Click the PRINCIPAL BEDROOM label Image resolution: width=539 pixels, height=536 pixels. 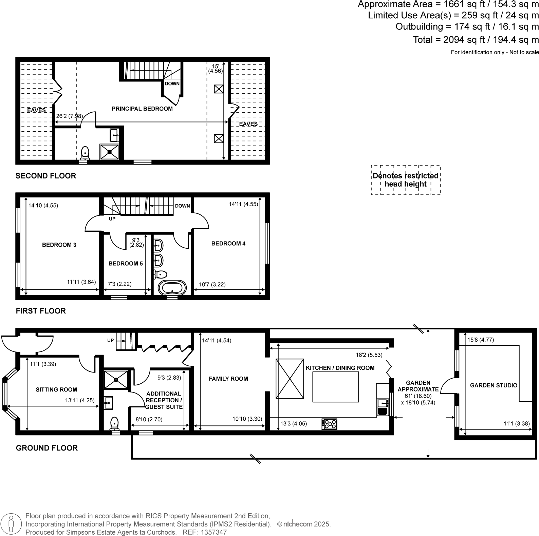(142, 109)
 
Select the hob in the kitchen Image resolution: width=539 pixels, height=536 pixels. (330, 424)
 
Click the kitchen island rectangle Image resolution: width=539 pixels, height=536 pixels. (335, 387)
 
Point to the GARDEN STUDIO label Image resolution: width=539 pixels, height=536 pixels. (494, 385)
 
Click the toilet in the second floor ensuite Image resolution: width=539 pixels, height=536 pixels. (85, 153)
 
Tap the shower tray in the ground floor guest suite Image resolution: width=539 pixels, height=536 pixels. (116, 380)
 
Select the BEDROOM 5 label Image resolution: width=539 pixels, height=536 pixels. (126, 264)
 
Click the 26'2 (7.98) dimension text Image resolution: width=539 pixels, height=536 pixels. (69, 116)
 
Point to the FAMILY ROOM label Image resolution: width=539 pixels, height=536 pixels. (228, 379)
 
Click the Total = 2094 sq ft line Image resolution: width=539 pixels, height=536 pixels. (476, 40)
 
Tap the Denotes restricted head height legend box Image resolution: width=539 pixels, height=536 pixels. (406, 180)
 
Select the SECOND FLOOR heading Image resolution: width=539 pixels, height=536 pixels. (46, 176)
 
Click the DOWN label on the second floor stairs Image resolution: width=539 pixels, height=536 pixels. (172, 83)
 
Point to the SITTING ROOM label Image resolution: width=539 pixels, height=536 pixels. (56, 390)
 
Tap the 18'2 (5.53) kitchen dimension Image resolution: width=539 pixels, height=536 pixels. (369, 355)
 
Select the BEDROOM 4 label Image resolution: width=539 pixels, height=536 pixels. (228, 244)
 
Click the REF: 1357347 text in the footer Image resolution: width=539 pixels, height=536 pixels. (205, 532)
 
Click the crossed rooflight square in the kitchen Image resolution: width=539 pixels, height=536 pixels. (290, 378)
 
